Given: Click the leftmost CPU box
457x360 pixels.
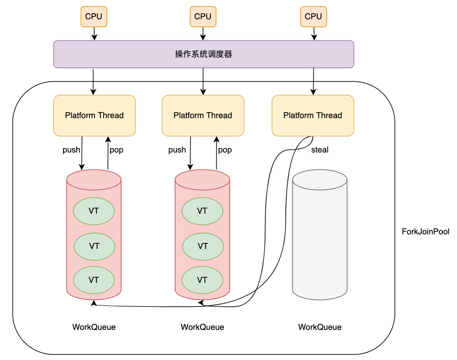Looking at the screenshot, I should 94,16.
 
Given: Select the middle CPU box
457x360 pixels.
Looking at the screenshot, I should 203,16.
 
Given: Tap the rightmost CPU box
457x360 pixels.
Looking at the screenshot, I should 313,16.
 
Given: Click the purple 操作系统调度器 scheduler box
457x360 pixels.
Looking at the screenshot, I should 203,54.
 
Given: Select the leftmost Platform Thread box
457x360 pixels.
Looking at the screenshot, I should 94,115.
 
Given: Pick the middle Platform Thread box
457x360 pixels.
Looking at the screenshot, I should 203,115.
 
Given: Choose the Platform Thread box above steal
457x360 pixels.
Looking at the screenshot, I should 313,115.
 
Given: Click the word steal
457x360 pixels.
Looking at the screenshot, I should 320,150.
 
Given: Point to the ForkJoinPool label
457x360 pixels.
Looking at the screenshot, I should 425,232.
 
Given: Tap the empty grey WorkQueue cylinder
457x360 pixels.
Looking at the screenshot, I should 320,235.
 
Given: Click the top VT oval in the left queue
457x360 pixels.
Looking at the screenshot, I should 94,211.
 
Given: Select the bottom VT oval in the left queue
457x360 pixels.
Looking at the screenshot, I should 94,280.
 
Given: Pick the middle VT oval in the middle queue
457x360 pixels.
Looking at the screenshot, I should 203,246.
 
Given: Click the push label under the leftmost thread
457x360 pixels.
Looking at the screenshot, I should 72,150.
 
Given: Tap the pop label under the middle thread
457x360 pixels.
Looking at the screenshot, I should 225,150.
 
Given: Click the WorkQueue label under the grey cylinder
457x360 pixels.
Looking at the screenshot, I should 320,327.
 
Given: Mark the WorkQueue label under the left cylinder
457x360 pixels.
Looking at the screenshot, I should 94,327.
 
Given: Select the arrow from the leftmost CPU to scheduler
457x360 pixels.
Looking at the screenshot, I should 94,33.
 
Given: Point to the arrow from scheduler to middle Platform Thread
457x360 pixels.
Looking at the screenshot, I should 203,81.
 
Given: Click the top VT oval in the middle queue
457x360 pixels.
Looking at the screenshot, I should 202,211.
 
